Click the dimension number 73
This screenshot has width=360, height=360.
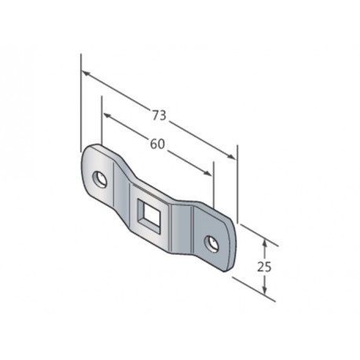point(159,116)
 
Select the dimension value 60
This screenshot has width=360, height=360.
point(157,145)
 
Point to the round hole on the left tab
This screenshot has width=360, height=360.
point(100,178)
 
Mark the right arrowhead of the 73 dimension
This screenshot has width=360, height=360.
point(233,156)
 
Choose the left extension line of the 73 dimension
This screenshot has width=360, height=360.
point(81,102)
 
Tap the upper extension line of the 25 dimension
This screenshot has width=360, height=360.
point(255,233)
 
